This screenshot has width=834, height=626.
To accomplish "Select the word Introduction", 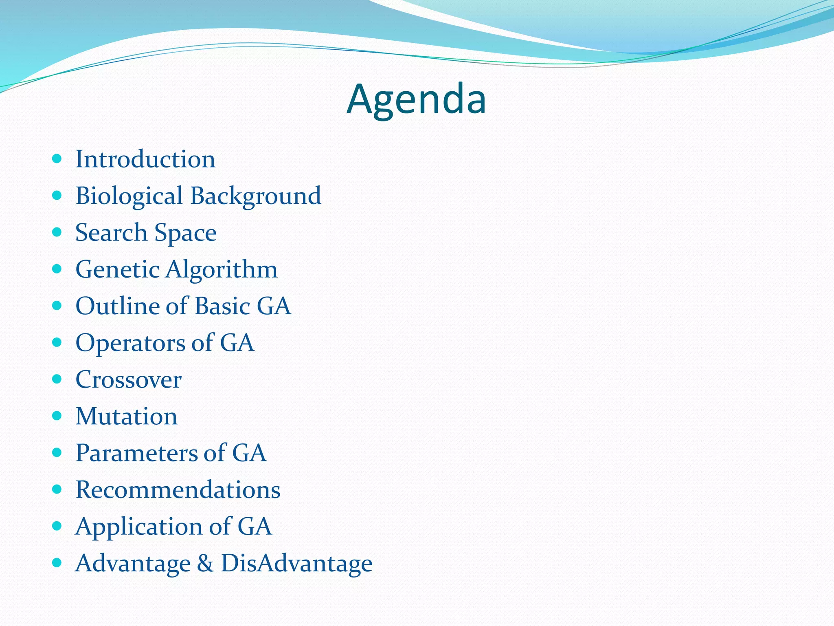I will [x=145, y=159].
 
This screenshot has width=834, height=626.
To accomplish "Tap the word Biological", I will [x=129, y=196].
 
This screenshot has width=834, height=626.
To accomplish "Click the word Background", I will [x=256, y=196].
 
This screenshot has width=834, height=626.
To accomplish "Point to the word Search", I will [x=111, y=233].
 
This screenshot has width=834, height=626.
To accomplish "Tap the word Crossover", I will [x=128, y=380].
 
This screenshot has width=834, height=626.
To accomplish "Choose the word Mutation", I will [x=126, y=417].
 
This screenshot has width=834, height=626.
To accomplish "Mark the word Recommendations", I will [x=178, y=490].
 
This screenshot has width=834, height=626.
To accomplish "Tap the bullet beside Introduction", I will [x=57, y=159].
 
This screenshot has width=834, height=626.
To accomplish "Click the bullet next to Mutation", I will [x=57, y=416].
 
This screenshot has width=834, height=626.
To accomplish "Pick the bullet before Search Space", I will [x=57, y=232].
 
